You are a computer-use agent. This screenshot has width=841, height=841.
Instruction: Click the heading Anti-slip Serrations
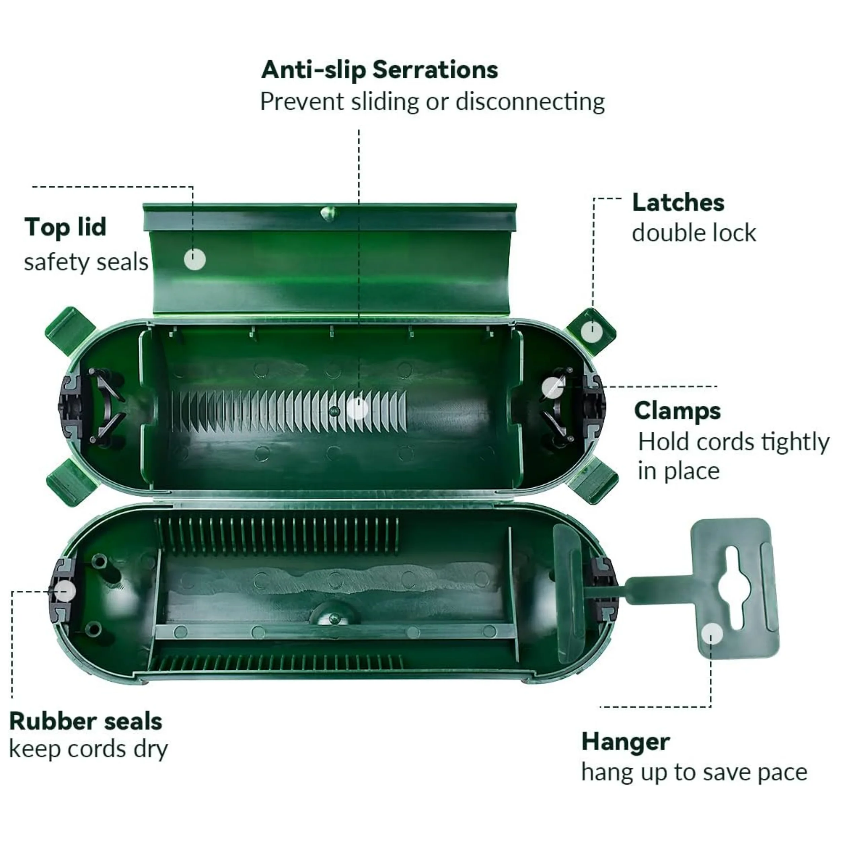coord(379,70)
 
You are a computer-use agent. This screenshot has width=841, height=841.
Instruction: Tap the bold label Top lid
coord(65,227)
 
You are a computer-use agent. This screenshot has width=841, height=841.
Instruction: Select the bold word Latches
coord(678,203)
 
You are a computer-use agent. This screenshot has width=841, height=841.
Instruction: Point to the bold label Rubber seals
coord(86,721)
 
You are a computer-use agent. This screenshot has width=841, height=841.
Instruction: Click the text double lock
coord(694,233)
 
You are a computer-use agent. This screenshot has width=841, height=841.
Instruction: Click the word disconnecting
coord(530,102)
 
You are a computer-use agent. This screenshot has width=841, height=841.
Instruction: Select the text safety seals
coord(86,262)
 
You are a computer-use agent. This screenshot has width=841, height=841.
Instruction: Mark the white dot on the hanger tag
coord(712,634)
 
